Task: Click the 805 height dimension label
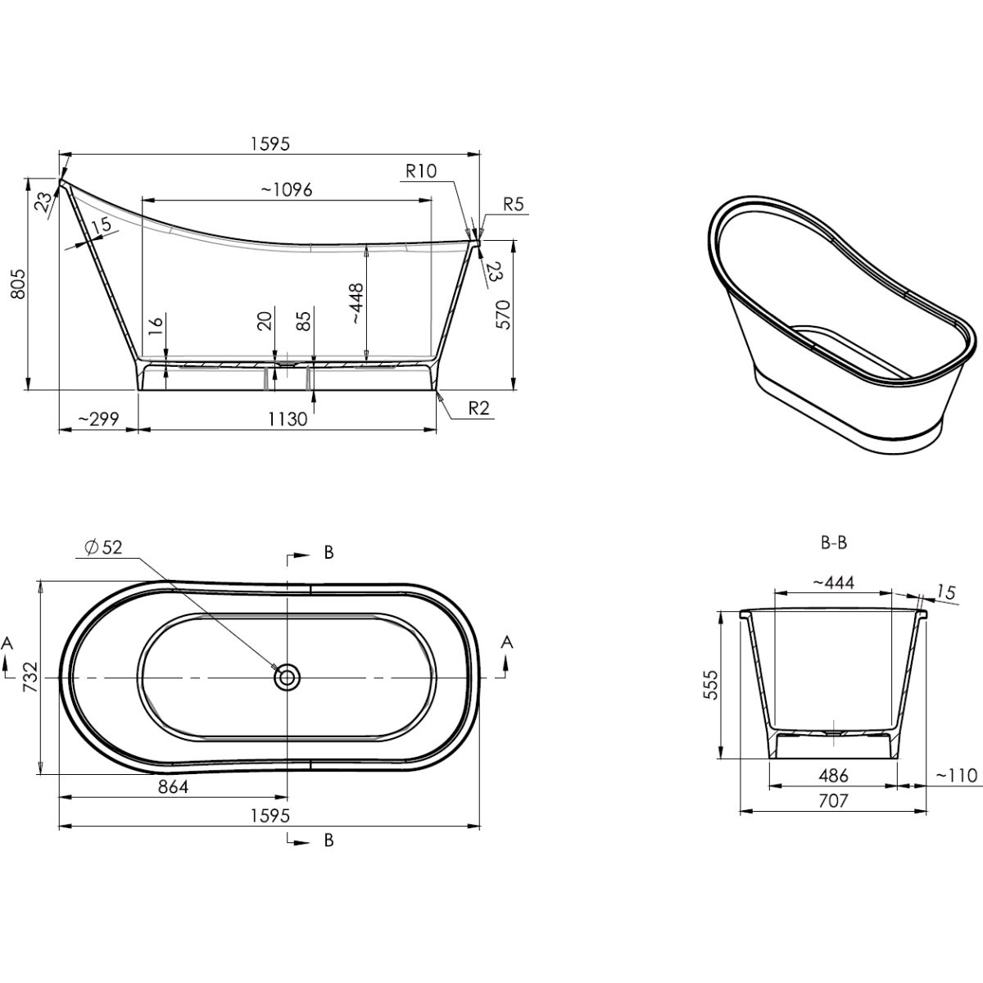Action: tap(18, 284)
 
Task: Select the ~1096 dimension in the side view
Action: tap(286, 190)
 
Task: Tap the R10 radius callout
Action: tap(421, 171)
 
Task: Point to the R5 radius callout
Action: tap(513, 205)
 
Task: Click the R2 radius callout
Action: tap(479, 408)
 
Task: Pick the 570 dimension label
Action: tap(503, 315)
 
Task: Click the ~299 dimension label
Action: tap(98, 419)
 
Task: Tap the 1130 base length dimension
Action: tap(288, 419)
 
